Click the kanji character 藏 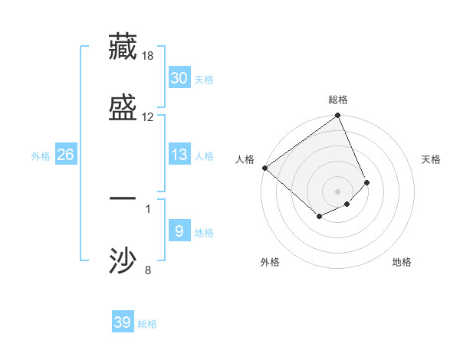[x=123, y=47]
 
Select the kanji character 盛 [x=123, y=106]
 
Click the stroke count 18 [x=148, y=56]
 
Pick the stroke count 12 [x=148, y=116]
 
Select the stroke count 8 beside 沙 [x=148, y=269]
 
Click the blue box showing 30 [x=179, y=78]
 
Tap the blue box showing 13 [x=179, y=155]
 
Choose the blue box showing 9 [x=179, y=231]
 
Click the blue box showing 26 [x=65, y=155]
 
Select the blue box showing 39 [x=123, y=322]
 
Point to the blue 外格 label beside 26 [x=41, y=156]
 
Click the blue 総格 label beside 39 [x=147, y=324]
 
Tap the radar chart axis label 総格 [x=338, y=100]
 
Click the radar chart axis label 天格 [x=432, y=159]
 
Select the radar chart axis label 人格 [x=245, y=159]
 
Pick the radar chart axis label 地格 [x=402, y=263]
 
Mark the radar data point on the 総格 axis [x=338, y=116]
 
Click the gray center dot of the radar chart [x=338, y=191]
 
